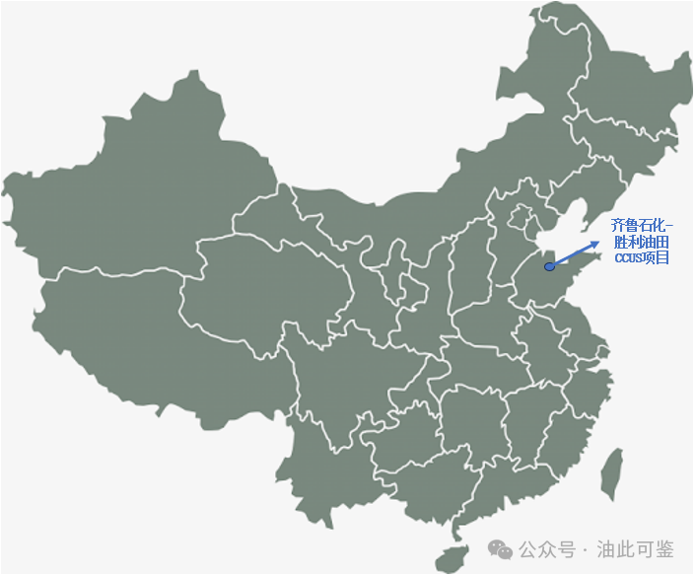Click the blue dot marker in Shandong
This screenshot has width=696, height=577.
click(549, 266)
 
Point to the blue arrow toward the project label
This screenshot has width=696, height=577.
click(575, 253)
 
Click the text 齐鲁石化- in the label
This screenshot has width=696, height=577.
click(640, 225)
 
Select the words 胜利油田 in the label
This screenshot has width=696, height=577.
click(641, 242)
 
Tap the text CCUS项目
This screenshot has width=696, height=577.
click(641, 257)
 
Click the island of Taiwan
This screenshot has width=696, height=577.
click(612, 471)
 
